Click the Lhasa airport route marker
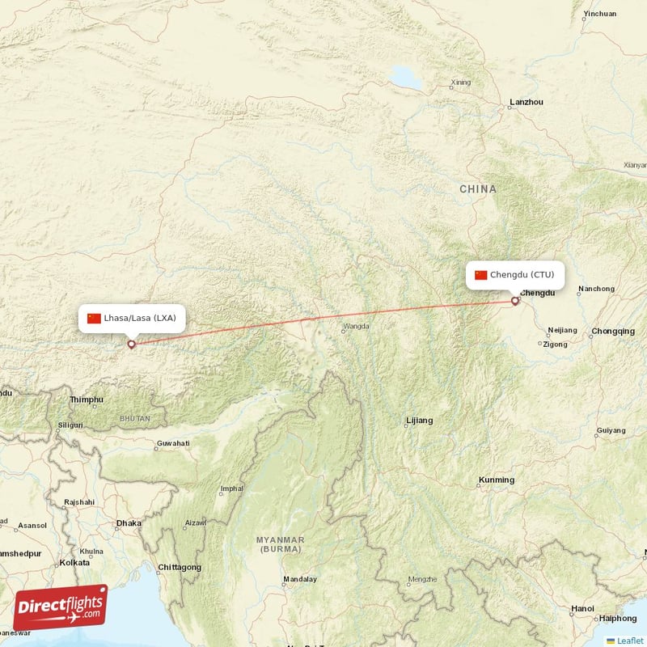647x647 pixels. click(131, 344)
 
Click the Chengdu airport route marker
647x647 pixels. click(515, 302)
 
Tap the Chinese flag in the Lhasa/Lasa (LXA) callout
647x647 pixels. click(94, 318)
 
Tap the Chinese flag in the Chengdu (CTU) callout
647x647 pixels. click(481, 275)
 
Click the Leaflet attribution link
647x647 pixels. click(629, 641)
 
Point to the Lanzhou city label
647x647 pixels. click(526, 103)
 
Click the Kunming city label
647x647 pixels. click(496, 480)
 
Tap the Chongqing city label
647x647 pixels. click(613, 331)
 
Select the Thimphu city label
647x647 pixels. click(87, 400)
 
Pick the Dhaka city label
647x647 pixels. click(129, 523)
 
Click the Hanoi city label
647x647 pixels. click(582, 608)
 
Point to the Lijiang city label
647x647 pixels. click(419, 421)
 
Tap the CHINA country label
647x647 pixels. click(478, 188)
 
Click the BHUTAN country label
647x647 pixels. click(134, 419)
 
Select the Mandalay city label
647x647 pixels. click(300, 579)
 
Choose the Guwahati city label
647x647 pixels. click(173, 443)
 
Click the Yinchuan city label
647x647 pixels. click(599, 14)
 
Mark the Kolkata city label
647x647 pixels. click(74, 562)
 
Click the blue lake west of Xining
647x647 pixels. click(404, 77)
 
